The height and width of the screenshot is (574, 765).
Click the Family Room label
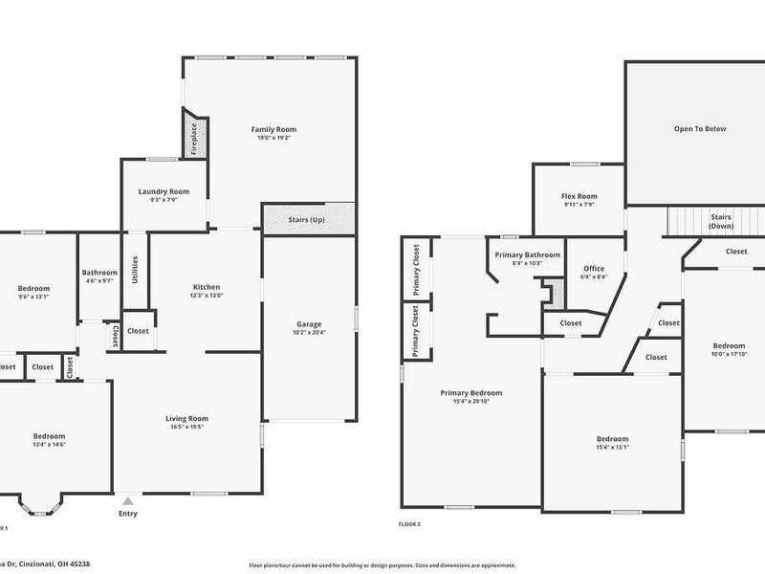pos(273,129)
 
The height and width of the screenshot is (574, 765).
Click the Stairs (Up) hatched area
pos(307,219)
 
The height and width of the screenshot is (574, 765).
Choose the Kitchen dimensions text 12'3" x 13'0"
pos(207,296)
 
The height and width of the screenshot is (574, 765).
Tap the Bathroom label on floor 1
pos(98,272)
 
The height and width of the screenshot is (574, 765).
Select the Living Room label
pos(187,418)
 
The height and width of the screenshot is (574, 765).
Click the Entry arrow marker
pos(128,500)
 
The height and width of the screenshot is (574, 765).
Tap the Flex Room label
pos(579,196)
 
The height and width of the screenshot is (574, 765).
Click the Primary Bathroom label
pos(527,254)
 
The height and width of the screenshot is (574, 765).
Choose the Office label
pos(593,268)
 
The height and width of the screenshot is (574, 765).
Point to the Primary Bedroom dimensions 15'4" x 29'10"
pos(470,401)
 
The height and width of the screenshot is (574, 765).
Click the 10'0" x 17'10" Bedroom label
pos(729,345)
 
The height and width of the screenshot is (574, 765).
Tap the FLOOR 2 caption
pos(409,524)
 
